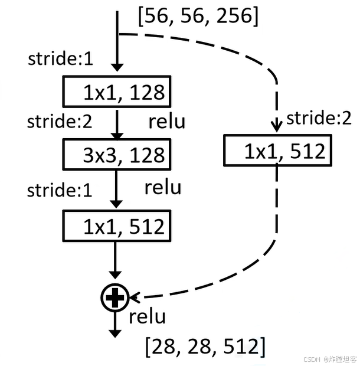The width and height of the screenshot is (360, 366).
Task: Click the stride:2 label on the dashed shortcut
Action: click(x=319, y=118)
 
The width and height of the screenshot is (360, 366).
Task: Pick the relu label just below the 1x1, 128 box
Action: click(x=166, y=122)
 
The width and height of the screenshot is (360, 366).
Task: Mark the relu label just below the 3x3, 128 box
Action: click(x=163, y=188)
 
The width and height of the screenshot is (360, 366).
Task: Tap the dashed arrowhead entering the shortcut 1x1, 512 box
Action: click(x=275, y=127)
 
